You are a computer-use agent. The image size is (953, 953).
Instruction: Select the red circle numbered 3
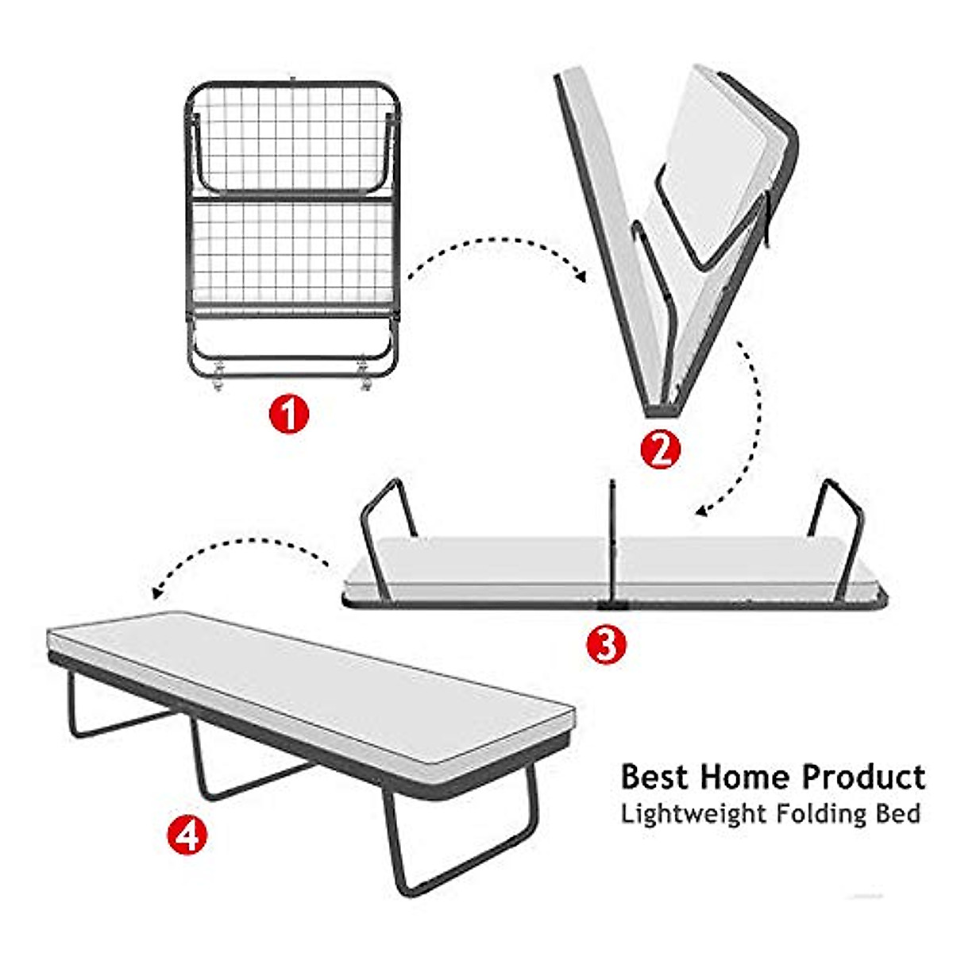pyautogui.click(x=606, y=644)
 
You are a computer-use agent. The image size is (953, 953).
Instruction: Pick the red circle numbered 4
pyautogui.click(x=187, y=835)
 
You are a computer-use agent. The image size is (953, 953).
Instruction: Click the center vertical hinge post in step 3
pyautogui.click(x=613, y=540)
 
